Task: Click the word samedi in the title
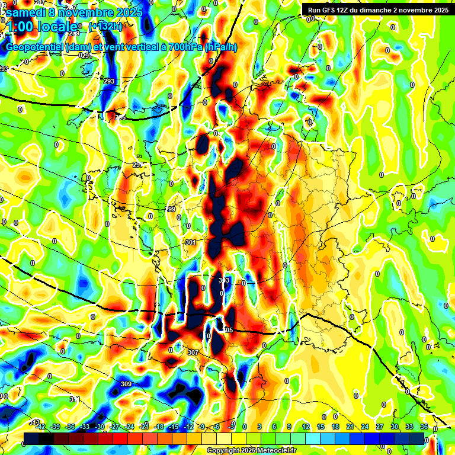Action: (25, 12)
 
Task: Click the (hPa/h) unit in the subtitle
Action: (220, 47)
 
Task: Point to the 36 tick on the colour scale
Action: (424, 427)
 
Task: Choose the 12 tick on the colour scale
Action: (306, 427)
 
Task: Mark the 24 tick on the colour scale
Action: (365, 427)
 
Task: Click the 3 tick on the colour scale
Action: (259, 427)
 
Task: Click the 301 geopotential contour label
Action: (191, 243)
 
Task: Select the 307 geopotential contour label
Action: (193, 353)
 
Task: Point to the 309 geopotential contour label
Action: (126, 384)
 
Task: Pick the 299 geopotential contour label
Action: (171, 210)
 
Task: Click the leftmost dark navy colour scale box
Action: (31, 438)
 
